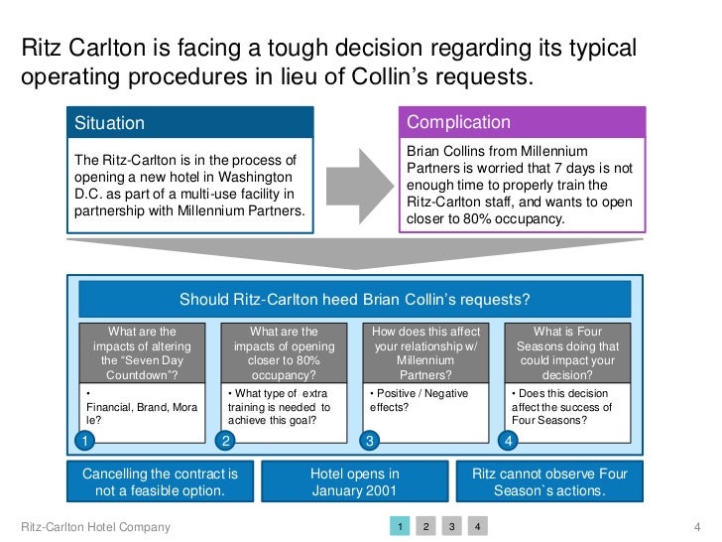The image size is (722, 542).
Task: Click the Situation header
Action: (188, 124)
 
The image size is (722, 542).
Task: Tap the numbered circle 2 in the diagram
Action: (226, 439)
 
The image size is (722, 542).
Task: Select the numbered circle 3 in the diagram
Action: (369, 439)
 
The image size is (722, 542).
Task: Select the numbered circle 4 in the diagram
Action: (510, 439)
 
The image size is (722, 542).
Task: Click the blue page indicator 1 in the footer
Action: (398, 526)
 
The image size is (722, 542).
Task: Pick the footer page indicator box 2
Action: (424, 526)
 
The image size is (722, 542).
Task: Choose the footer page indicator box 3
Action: (450, 526)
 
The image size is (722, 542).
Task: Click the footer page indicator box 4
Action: (476, 526)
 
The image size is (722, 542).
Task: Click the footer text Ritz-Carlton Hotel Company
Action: (95, 527)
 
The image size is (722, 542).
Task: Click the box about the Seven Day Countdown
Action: (141, 353)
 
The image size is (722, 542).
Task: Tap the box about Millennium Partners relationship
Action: (425, 353)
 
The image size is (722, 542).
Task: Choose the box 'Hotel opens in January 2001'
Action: (354, 482)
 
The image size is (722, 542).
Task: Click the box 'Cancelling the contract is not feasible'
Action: (160, 482)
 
